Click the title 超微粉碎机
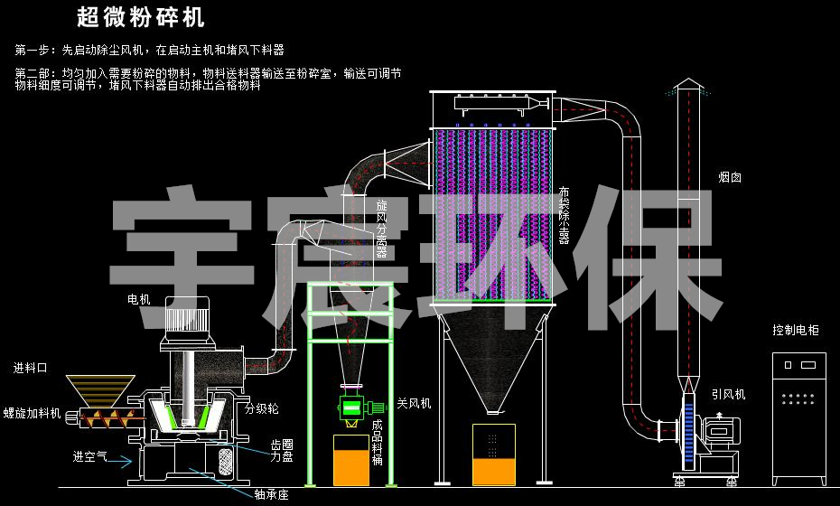[x=141, y=17]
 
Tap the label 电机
[x=139, y=299]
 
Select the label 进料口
[x=30, y=368]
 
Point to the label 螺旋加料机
[x=32, y=414]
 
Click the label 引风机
[x=728, y=394]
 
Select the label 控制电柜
[x=795, y=331]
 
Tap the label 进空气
[x=89, y=456]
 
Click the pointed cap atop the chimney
[x=688, y=85]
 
